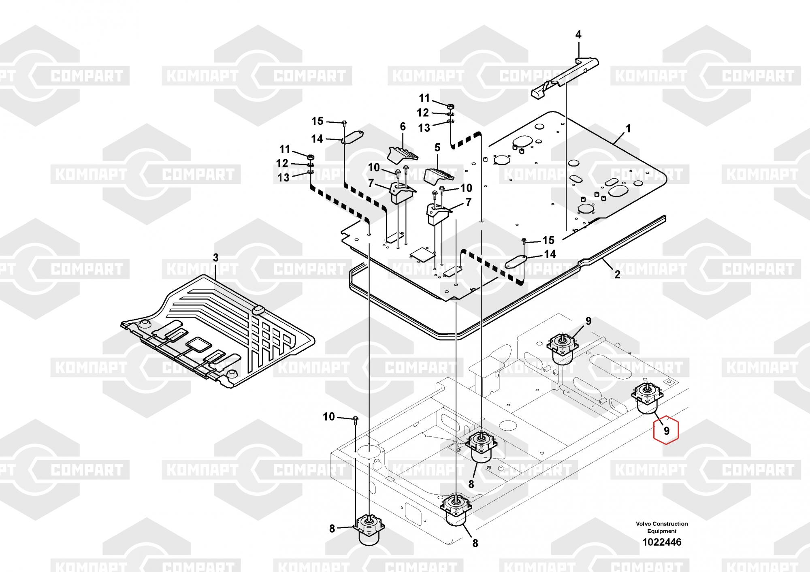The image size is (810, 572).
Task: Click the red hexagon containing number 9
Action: point(666,431)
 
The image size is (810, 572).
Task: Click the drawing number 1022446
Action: point(662,542)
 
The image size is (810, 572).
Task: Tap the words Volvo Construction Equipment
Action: point(662,527)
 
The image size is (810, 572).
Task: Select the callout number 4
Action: point(578,35)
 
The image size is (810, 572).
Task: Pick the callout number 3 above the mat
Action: point(215,258)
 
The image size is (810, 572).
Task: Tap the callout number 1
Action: point(628,129)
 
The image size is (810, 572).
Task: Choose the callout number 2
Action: point(617,274)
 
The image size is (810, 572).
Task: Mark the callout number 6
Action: point(403,126)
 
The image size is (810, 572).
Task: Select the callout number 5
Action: point(437,147)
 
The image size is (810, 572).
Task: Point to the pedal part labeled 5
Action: point(439,175)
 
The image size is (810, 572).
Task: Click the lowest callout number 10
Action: point(329,416)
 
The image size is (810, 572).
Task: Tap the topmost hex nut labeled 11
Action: point(451,106)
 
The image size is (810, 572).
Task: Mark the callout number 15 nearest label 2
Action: point(548,240)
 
